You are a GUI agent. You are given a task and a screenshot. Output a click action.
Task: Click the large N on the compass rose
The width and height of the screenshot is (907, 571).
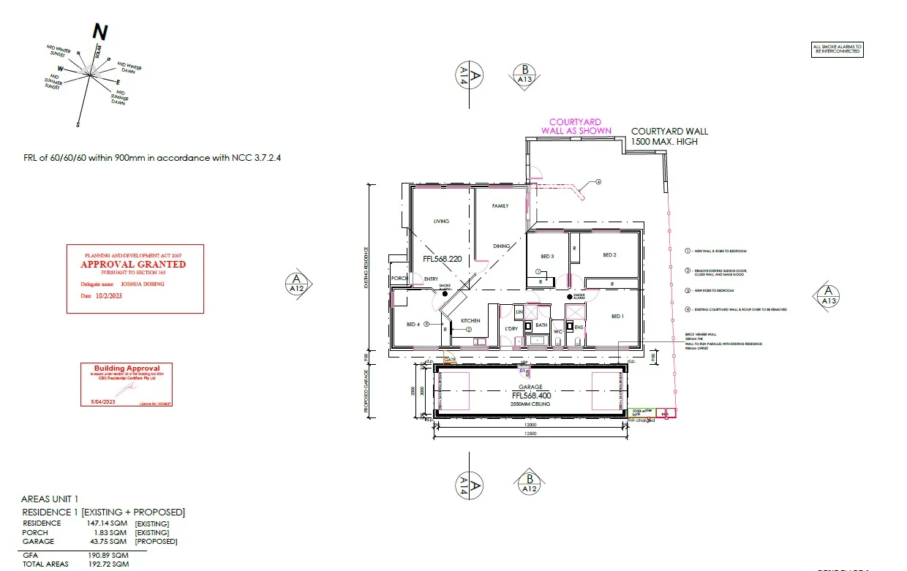pos(100,31)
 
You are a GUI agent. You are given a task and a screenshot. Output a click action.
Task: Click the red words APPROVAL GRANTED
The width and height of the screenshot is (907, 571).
pos(133,264)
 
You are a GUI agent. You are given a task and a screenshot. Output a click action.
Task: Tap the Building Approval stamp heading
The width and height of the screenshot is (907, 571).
pos(127,368)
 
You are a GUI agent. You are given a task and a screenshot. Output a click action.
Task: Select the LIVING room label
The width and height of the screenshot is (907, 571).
pos(441,221)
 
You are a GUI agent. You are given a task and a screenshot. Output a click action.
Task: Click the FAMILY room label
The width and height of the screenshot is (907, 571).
pos(500,206)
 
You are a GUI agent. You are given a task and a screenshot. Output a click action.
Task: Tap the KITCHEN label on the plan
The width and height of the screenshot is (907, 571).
pos(470,321)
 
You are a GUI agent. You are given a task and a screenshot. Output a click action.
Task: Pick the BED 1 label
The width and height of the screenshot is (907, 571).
pos(617,316)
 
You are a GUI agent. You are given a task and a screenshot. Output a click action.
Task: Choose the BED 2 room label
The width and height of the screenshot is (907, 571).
pos(609,255)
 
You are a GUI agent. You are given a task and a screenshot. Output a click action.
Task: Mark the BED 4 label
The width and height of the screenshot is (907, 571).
pos(413,324)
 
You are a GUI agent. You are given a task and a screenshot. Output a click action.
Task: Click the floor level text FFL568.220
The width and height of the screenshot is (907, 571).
pos(443,259)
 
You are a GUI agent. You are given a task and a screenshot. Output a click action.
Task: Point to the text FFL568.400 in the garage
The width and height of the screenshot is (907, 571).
pos(530,396)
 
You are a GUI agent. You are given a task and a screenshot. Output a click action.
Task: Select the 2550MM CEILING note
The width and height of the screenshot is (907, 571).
pos(530,404)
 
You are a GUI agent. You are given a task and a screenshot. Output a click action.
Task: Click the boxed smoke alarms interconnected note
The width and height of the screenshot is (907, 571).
pos(838,50)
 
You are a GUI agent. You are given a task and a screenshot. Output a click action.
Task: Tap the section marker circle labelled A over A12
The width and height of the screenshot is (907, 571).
pos(296,283)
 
